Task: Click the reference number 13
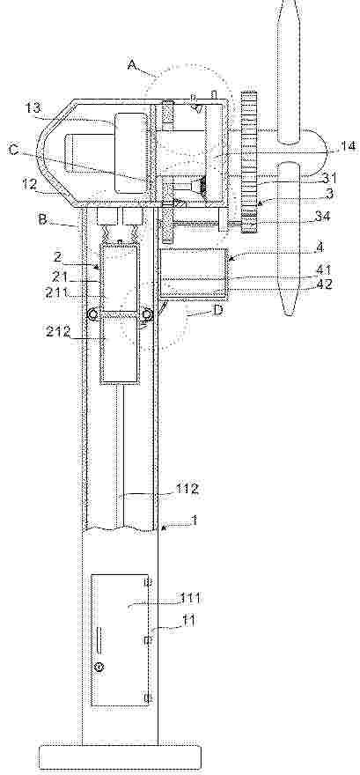tap(34, 108)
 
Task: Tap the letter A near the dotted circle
tap(132, 65)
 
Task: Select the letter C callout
tap(14, 148)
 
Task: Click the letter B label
tap(43, 219)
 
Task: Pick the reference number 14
tap(345, 147)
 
